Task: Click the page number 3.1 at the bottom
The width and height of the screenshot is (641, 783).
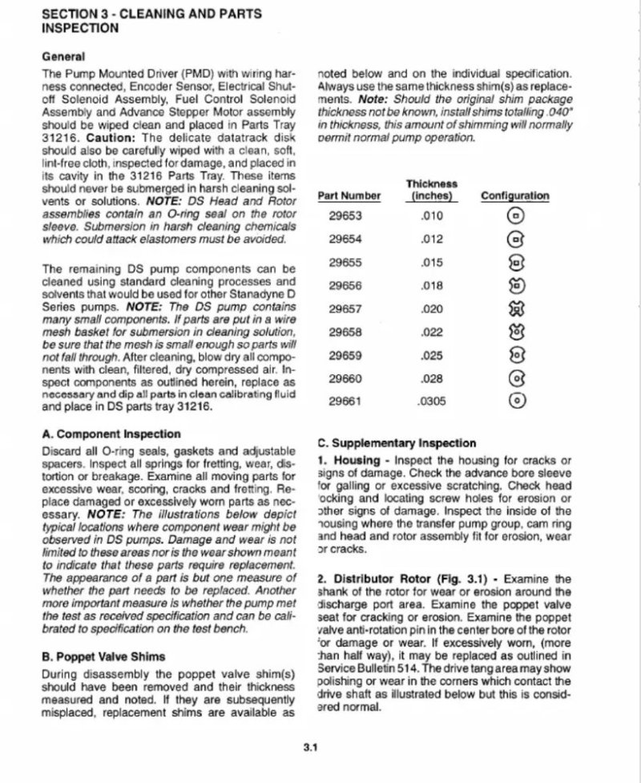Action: click(312, 749)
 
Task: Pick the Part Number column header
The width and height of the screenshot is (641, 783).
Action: click(349, 196)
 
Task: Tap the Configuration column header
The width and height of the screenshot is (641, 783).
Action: click(514, 196)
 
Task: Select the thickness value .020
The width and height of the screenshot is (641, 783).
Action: click(432, 308)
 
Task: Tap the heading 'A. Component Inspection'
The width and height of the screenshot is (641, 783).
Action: click(100, 434)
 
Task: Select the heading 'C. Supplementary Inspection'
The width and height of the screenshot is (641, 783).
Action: click(397, 442)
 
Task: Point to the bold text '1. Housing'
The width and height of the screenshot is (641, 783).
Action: click(345, 460)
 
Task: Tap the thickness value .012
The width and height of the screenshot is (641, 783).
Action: click(432, 238)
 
